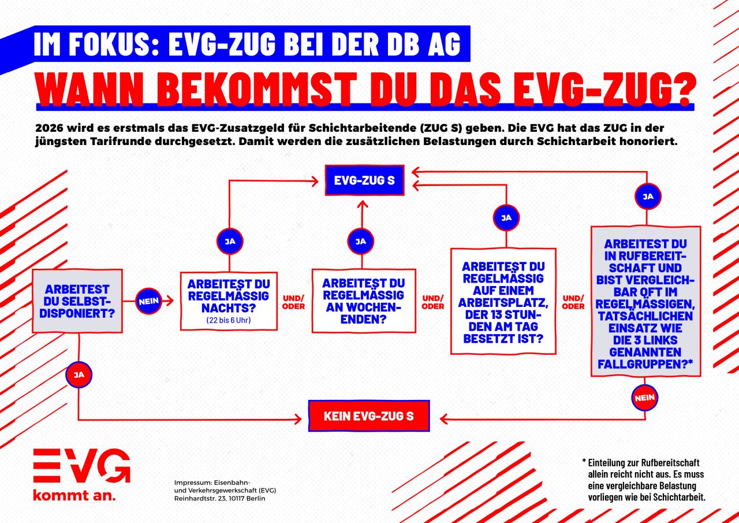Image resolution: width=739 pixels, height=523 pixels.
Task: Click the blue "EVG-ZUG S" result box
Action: (364, 180)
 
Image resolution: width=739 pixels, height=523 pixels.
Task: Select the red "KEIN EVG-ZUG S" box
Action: (369, 416)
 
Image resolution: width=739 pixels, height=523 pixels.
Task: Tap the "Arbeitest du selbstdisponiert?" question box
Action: (77, 301)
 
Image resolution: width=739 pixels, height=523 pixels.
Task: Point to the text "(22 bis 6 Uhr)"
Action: (229, 320)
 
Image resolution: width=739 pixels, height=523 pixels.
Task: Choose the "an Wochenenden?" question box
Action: (364, 301)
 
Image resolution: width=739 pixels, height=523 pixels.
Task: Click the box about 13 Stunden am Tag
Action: (503, 301)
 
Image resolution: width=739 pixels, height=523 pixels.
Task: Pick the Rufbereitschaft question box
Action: (645, 301)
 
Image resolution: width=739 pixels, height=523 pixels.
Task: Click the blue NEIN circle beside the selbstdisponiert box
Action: (148, 301)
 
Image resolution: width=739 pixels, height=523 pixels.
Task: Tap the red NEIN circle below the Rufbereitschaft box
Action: (645, 398)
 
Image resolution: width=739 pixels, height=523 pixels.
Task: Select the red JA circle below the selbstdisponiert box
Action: (79, 374)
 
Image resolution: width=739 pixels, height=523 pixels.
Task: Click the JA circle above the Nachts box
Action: (230, 242)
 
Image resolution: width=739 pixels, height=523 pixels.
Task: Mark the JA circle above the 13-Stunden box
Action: (506, 218)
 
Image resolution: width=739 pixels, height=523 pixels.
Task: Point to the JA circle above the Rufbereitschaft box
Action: (648, 196)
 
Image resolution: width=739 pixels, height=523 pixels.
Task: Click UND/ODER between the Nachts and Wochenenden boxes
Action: (293, 302)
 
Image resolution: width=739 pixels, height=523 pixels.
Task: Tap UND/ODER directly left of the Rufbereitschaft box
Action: (573, 302)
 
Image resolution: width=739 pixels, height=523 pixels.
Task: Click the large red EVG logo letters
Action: (81, 466)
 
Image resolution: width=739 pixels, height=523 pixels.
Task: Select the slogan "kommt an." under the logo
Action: (74, 495)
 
